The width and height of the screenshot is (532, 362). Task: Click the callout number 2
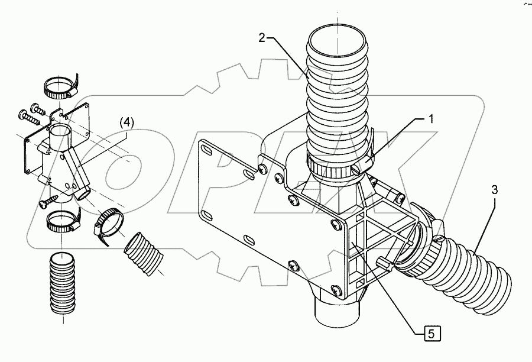[x=262, y=38]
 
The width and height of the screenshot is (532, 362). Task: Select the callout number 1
[x=431, y=118]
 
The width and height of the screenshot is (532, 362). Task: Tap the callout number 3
[x=494, y=190]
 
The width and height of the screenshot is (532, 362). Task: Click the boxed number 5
[x=433, y=334]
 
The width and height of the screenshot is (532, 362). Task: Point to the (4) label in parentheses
[x=127, y=122]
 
